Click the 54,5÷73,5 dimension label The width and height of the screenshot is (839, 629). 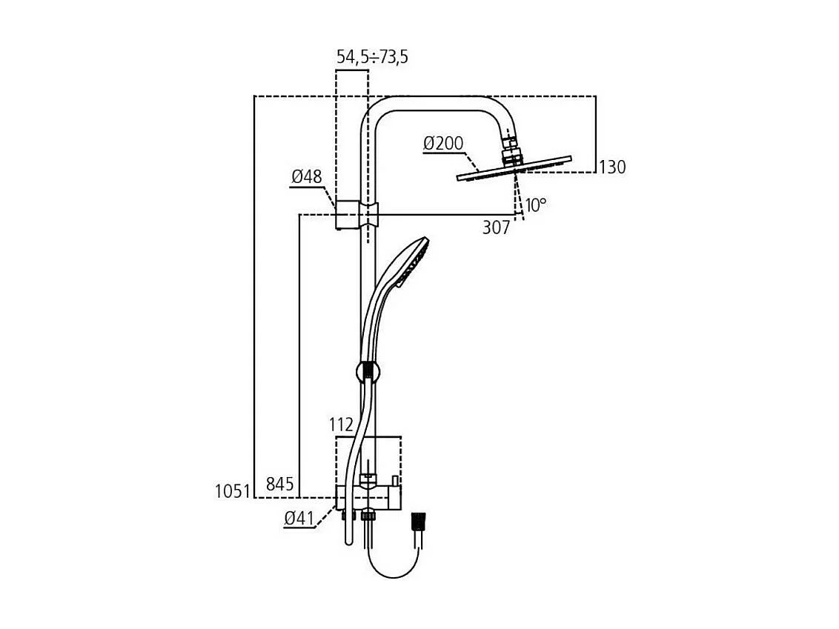[x=372, y=57]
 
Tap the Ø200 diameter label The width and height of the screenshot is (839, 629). [x=443, y=143]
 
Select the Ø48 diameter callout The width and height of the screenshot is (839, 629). [x=307, y=176]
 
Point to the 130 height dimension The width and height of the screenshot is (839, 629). [x=612, y=167]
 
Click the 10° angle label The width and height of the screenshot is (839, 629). [x=536, y=205]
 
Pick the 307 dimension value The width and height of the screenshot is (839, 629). [x=496, y=227]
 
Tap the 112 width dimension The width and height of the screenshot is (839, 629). [x=342, y=425]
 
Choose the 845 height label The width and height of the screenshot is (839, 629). [x=280, y=484]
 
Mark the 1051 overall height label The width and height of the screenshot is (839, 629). [x=233, y=491]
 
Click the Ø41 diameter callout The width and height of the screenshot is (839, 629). [x=299, y=518]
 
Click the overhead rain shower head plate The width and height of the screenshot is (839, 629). [x=514, y=168]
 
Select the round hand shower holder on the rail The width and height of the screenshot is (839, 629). [x=367, y=371]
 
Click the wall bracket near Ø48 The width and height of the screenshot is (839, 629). [x=357, y=215]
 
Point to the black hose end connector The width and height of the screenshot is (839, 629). [x=419, y=522]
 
